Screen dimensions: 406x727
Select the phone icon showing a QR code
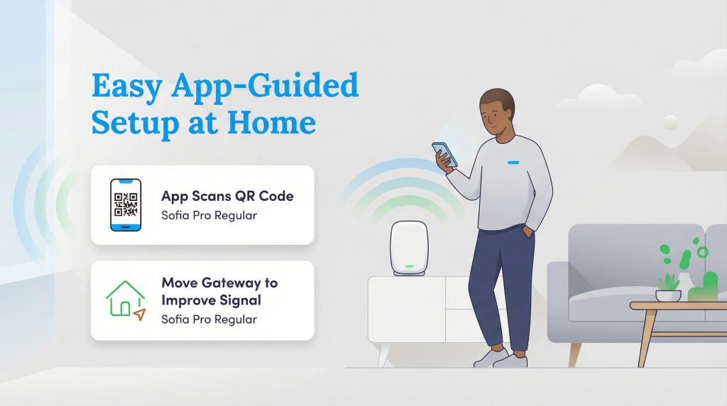tap(124, 204)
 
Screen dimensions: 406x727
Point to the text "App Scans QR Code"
tap(227, 196)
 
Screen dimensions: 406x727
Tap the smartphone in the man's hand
tap(444, 154)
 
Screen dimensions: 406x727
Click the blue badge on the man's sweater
tap(513, 162)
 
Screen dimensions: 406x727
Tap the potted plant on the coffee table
tap(667, 286)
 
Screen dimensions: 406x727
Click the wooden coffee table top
tap(678, 306)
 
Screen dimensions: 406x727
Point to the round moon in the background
tap(669, 122)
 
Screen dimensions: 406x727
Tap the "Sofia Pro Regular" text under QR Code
tap(209, 215)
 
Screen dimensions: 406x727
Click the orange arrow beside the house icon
tap(139, 313)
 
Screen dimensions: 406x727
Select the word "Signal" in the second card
tap(237, 300)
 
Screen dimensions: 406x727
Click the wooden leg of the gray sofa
tap(574, 353)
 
